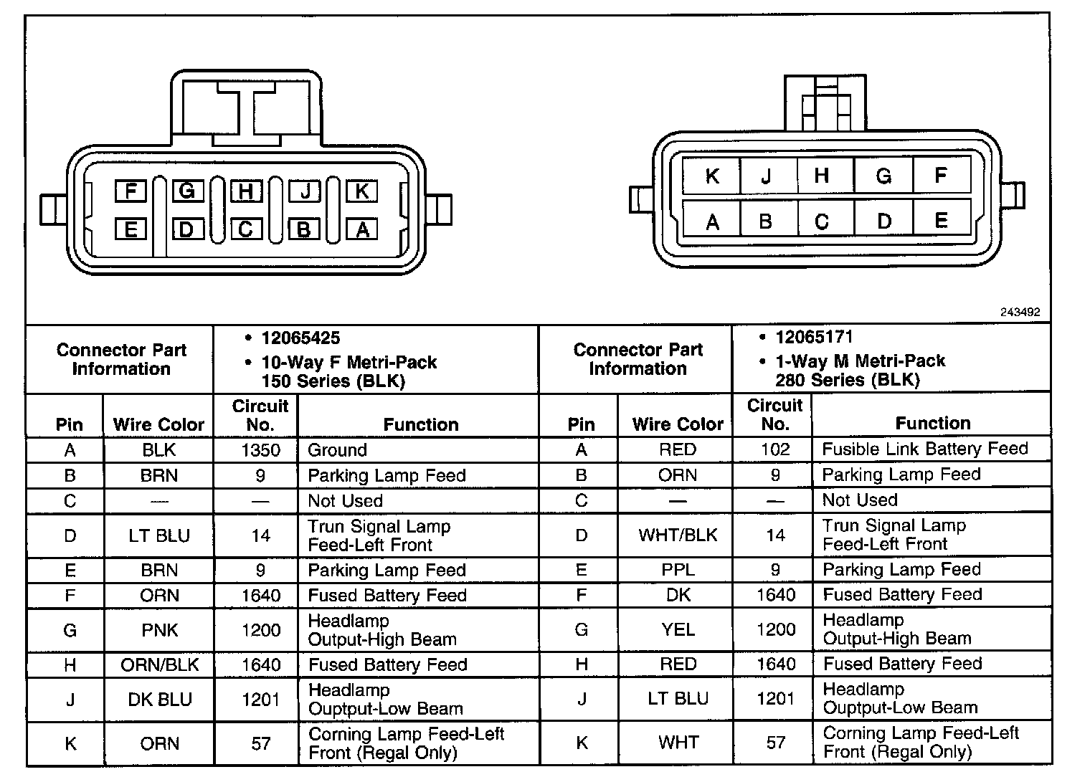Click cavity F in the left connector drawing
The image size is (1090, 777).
(131, 191)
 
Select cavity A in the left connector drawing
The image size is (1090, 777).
(362, 229)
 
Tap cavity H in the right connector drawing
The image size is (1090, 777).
(822, 176)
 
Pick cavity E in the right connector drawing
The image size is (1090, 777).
(941, 221)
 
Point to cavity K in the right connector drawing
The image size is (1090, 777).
(711, 176)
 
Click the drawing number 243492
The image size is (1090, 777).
(1020, 313)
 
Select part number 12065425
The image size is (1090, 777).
(300, 338)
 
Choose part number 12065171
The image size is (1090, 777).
(814, 337)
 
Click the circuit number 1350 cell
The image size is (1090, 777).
(260, 450)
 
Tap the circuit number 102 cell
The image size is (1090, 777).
(774, 449)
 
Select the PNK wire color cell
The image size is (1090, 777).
(159, 631)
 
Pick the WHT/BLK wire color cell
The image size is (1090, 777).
(678, 535)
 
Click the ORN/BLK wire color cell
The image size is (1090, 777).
(159, 665)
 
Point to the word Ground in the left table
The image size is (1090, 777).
(337, 450)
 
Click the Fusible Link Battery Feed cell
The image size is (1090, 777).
(924, 449)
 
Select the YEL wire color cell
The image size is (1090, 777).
(678, 630)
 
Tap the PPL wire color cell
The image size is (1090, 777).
(678, 570)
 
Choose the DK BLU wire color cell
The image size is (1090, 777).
(159, 700)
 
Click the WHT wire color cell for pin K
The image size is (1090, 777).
(678, 743)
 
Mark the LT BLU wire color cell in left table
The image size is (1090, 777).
(159, 536)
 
